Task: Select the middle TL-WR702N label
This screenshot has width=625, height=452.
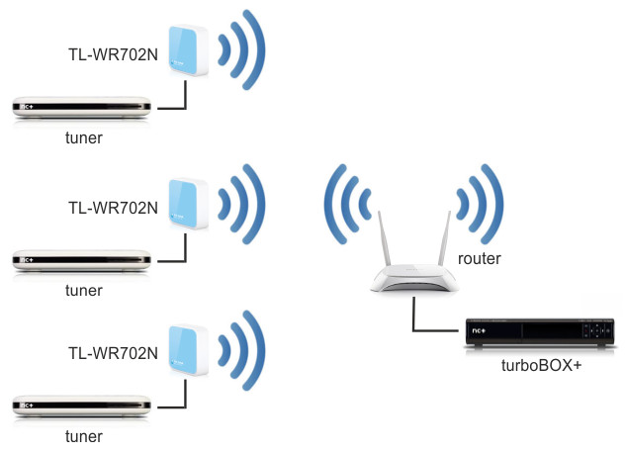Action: tap(112, 209)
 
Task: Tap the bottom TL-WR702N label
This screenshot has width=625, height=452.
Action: tap(112, 353)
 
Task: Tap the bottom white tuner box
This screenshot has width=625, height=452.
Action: tap(82, 405)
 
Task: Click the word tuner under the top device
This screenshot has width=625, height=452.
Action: tap(83, 139)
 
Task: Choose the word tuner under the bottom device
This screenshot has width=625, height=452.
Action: tap(83, 436)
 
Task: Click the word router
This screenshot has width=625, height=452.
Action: tap(480, 259)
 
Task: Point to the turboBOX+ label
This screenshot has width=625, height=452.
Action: tap(539, 367)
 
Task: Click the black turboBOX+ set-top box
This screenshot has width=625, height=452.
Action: tap(539, 333)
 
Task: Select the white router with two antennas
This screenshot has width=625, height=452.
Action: tap(414, 275)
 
